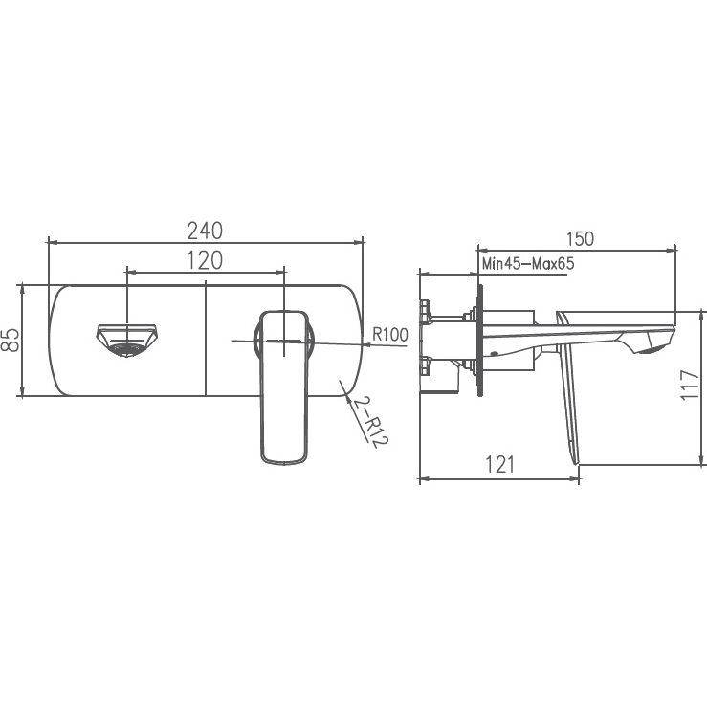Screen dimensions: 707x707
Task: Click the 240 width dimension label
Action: pos(205,231)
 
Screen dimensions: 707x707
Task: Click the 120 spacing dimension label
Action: pos(205,260)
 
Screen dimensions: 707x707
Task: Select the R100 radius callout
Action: pos(390,335)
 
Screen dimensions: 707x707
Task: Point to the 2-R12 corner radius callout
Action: pos(370,422)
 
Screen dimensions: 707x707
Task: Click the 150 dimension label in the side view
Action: pos(580,239)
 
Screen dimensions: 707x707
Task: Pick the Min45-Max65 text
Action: pos(528,263)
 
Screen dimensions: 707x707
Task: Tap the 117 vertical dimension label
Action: pos(690,385)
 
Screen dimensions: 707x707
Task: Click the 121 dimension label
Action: pos(499,464)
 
